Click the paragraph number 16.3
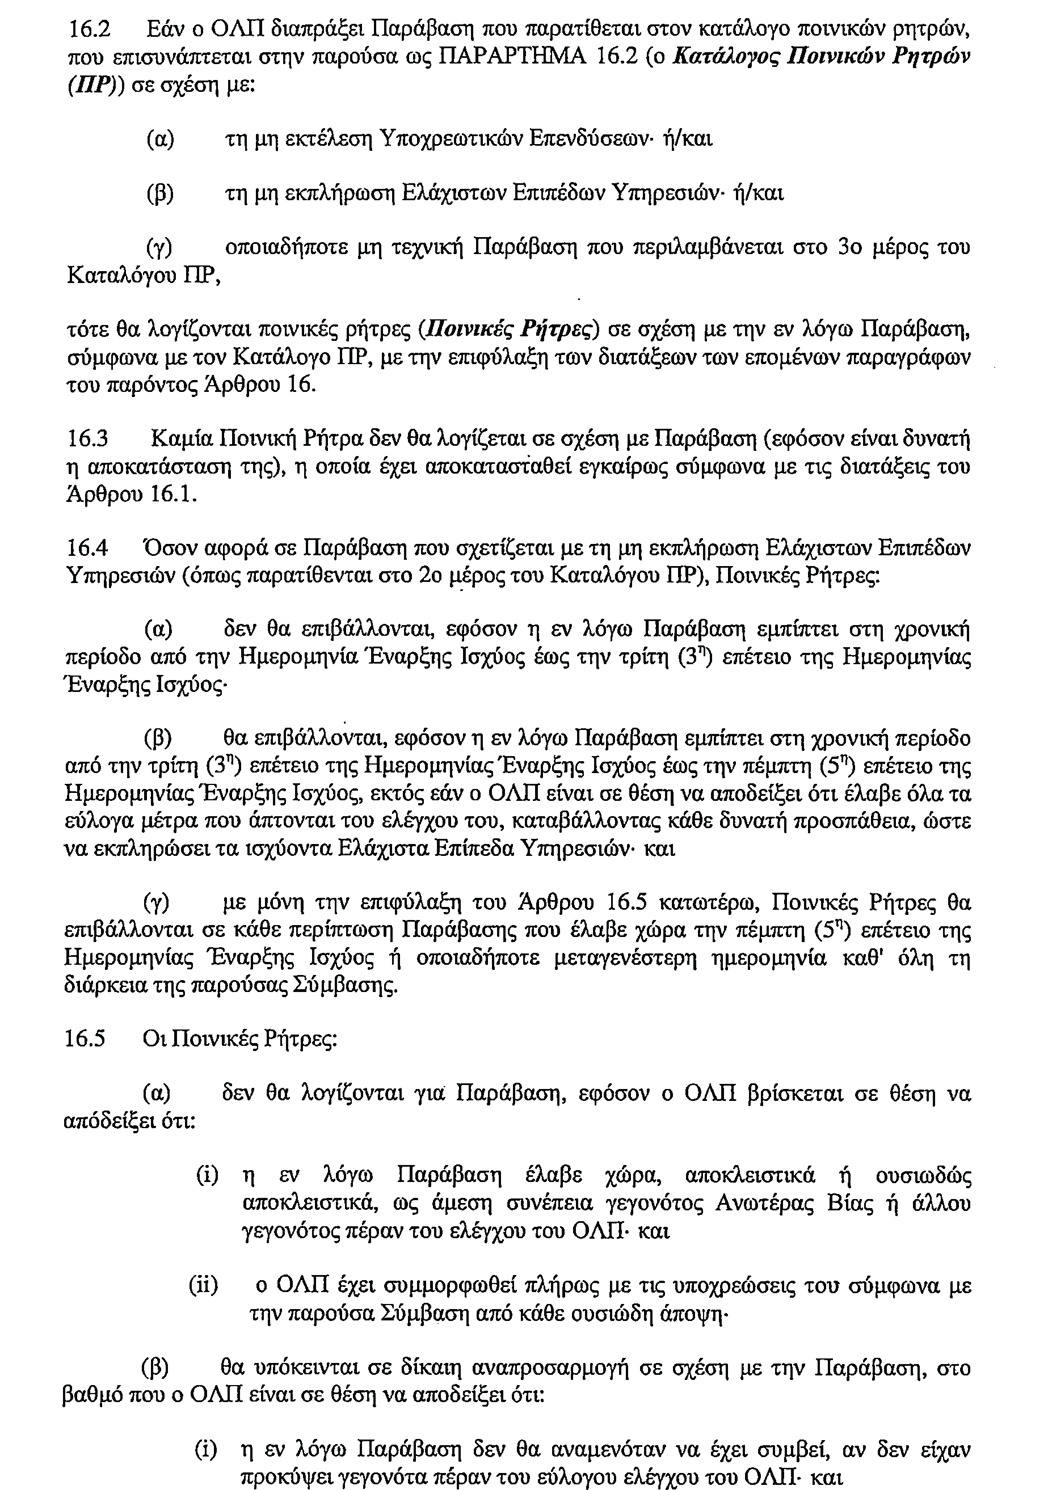(x=87, y=441)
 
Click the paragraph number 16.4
(x=87, y=548)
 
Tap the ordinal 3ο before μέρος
(x=851, y=248)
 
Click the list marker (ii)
(x=203, y=1286)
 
